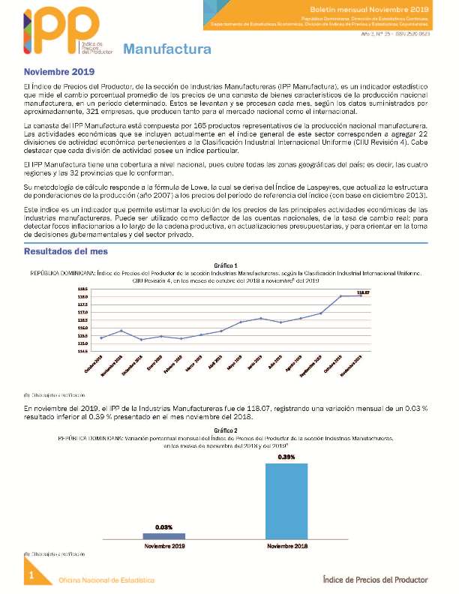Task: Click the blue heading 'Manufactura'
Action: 166,50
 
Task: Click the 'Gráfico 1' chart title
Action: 226,265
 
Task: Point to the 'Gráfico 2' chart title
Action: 226,430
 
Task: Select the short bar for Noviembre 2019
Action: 164,535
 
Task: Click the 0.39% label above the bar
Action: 286,457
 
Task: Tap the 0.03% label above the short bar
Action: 164,527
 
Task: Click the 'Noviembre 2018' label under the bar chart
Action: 286,546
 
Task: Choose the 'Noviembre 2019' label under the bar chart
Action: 164,546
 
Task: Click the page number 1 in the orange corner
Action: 31,575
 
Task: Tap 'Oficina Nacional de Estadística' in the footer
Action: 107,580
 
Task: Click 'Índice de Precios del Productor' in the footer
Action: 374,579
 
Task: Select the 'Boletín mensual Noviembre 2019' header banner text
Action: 390,7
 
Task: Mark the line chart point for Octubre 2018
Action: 101,337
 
